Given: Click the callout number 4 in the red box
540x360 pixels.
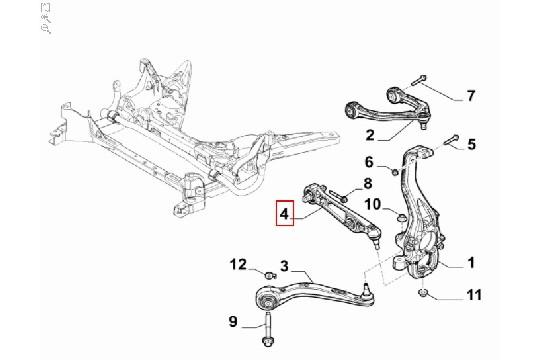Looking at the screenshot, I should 286,213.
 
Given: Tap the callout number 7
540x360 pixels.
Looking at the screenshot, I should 470,97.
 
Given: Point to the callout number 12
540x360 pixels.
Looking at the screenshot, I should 238,264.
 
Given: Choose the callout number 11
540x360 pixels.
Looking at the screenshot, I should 473,296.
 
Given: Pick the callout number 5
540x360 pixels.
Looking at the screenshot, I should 471,142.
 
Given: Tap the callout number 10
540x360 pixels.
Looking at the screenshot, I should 370,205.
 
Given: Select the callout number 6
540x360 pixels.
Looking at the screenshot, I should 368,162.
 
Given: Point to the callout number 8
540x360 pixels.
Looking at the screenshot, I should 366,183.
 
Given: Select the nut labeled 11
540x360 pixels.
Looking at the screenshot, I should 424,293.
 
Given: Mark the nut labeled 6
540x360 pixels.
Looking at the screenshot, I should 394,173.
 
